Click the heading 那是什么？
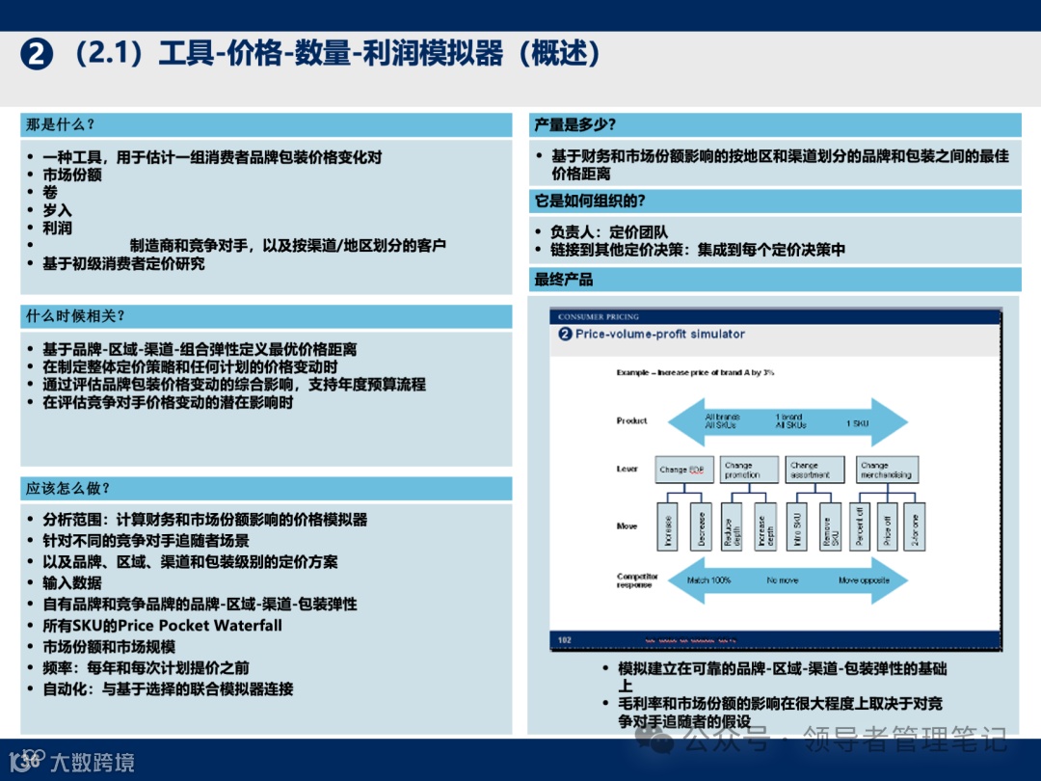tap(60, 124)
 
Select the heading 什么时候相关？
tap(75, 316)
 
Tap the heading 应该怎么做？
tap(67, 488)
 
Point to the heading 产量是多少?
tap(574, 124)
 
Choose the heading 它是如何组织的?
tap(589, 201)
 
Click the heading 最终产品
tap(564, 280)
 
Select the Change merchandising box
tap(884, 470)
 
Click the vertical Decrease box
tap(701, 526)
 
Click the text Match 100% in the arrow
tap(708, 580)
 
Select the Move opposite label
tap(862, 580)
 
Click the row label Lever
tap(627, 469)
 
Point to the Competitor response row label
tap(637, 580)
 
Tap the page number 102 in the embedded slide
tap(565, 640)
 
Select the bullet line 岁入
tap(57, 210)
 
